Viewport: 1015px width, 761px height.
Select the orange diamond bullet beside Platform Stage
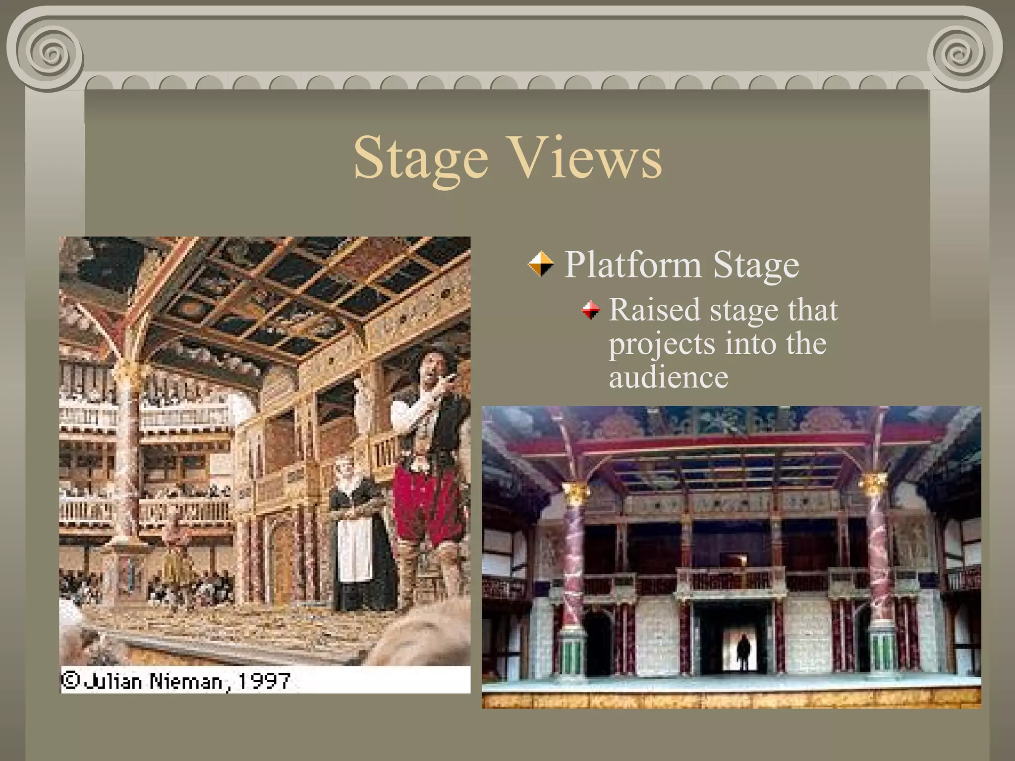click(x=540, y=264)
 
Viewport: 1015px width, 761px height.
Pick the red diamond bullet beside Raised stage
click(x=590, y=311)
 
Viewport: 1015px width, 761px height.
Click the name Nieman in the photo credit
click(x=186, y=682)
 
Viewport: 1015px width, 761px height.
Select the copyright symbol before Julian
click(x=70, y=680)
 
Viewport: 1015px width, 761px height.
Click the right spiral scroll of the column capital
click(x=961, y=54)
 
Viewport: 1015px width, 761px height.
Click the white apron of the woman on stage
click(x=354, y=550)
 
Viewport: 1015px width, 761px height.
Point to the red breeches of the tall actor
click(x=426, y=505)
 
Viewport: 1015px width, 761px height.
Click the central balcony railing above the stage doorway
click(x=731, y=580)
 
